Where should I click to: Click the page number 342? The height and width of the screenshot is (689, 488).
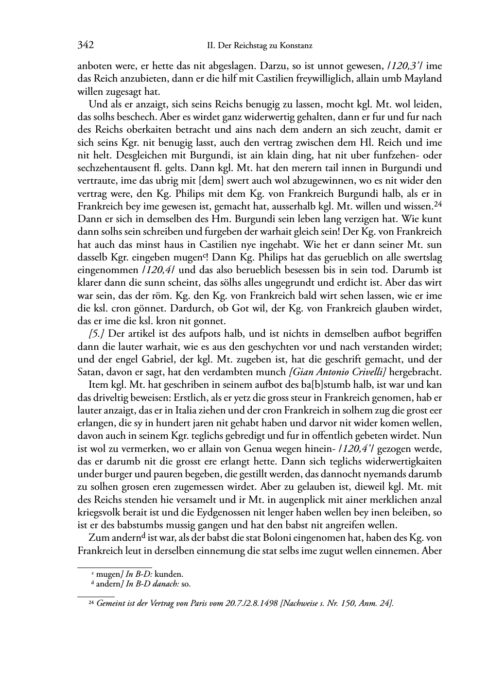86,46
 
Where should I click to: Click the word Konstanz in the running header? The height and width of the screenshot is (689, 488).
296,46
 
